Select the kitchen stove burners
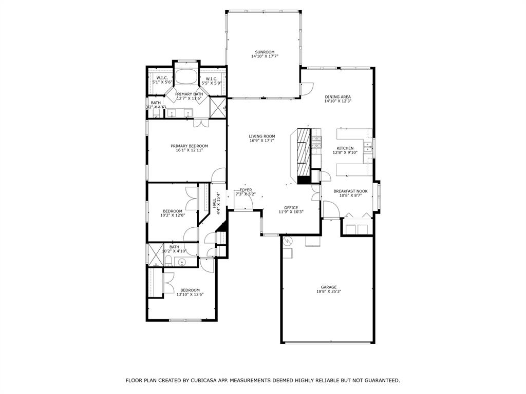pos(317,139)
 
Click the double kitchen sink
pos(368,148)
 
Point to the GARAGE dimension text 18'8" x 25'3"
pos(329,291)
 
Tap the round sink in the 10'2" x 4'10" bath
pos(182,262)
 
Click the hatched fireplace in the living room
pos(304,152)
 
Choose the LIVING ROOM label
pos(262,136)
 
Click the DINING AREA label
pos(337,96)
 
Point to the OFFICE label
pos(291,207)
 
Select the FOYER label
pos(246,190)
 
